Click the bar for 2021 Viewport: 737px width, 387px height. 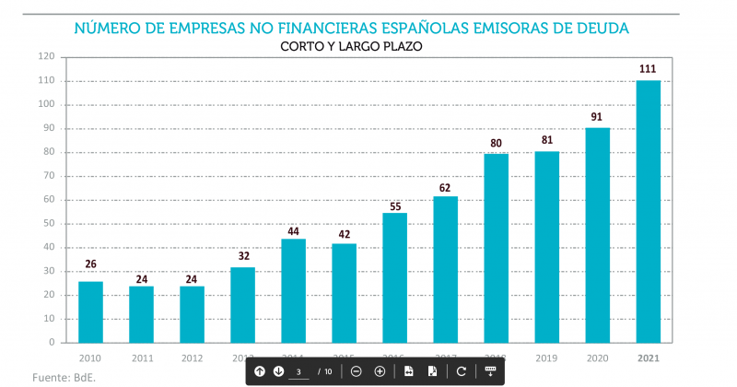click(x=649, y=212)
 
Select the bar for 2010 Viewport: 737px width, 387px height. click(x=90, y=311)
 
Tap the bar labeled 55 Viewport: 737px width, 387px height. click(x=394, y=277)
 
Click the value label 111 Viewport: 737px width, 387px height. click(x=649, y=69)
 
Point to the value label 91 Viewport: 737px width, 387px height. click(x=598, y=117)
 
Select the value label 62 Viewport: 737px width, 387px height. click(x=445, y=187)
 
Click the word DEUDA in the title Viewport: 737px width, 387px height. click(x=600, y=28)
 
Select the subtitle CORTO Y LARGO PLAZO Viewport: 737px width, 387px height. click(x=351, y=45)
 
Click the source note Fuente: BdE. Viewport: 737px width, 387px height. click(x=64, y=377)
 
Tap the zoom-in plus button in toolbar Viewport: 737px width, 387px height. click(x=380, y=371)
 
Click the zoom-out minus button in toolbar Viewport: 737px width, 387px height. click(x=356, y=371)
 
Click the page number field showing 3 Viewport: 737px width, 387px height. click(x=299, y=371)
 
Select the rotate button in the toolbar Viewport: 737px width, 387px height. click(x=461, y=371)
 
